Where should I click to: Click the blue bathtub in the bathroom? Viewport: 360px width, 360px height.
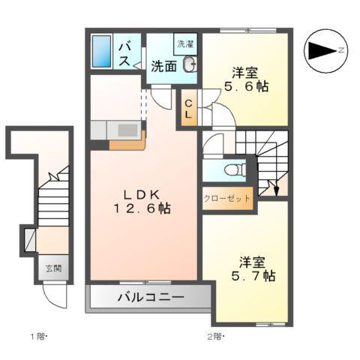coord(101,51)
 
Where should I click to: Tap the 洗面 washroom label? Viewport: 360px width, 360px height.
coord(164,66)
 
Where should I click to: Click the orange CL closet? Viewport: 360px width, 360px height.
coord(190,108)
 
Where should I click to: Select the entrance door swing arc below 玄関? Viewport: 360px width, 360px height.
coord(53,300)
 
